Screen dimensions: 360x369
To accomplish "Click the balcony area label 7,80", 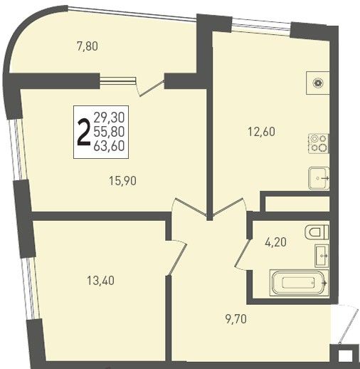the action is tap(88, 46).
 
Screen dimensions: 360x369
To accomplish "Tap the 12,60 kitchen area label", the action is tap(261, 132).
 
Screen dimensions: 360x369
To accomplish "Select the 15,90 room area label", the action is tap(123, 181).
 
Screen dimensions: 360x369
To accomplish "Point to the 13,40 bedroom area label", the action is tap(101, 281).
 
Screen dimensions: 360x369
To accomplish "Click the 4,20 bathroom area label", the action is tap(275, 242).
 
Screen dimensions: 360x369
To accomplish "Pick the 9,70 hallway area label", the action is tap(236, 319).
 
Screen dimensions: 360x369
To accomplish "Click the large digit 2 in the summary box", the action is tap(84, 132).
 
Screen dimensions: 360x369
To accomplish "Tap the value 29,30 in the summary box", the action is tap(110, 118).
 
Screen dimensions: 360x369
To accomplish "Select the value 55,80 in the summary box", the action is tap(110, 132).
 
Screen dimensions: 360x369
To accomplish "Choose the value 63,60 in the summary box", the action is tap(110, 146).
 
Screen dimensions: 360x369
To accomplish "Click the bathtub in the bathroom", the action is tap(299, 283).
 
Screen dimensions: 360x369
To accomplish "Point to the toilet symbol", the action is tap(317, 232).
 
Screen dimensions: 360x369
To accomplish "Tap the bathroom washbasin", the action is tap(322, 256).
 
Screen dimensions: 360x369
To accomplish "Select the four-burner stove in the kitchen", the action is tap(319, 143).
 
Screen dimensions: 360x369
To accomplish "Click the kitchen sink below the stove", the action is tap(319, 178).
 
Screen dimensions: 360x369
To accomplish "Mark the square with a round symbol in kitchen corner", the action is tap(318, 83).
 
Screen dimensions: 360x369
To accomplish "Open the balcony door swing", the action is tap(152, 88).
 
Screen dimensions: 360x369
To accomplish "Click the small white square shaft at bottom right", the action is tap(345, 356).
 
